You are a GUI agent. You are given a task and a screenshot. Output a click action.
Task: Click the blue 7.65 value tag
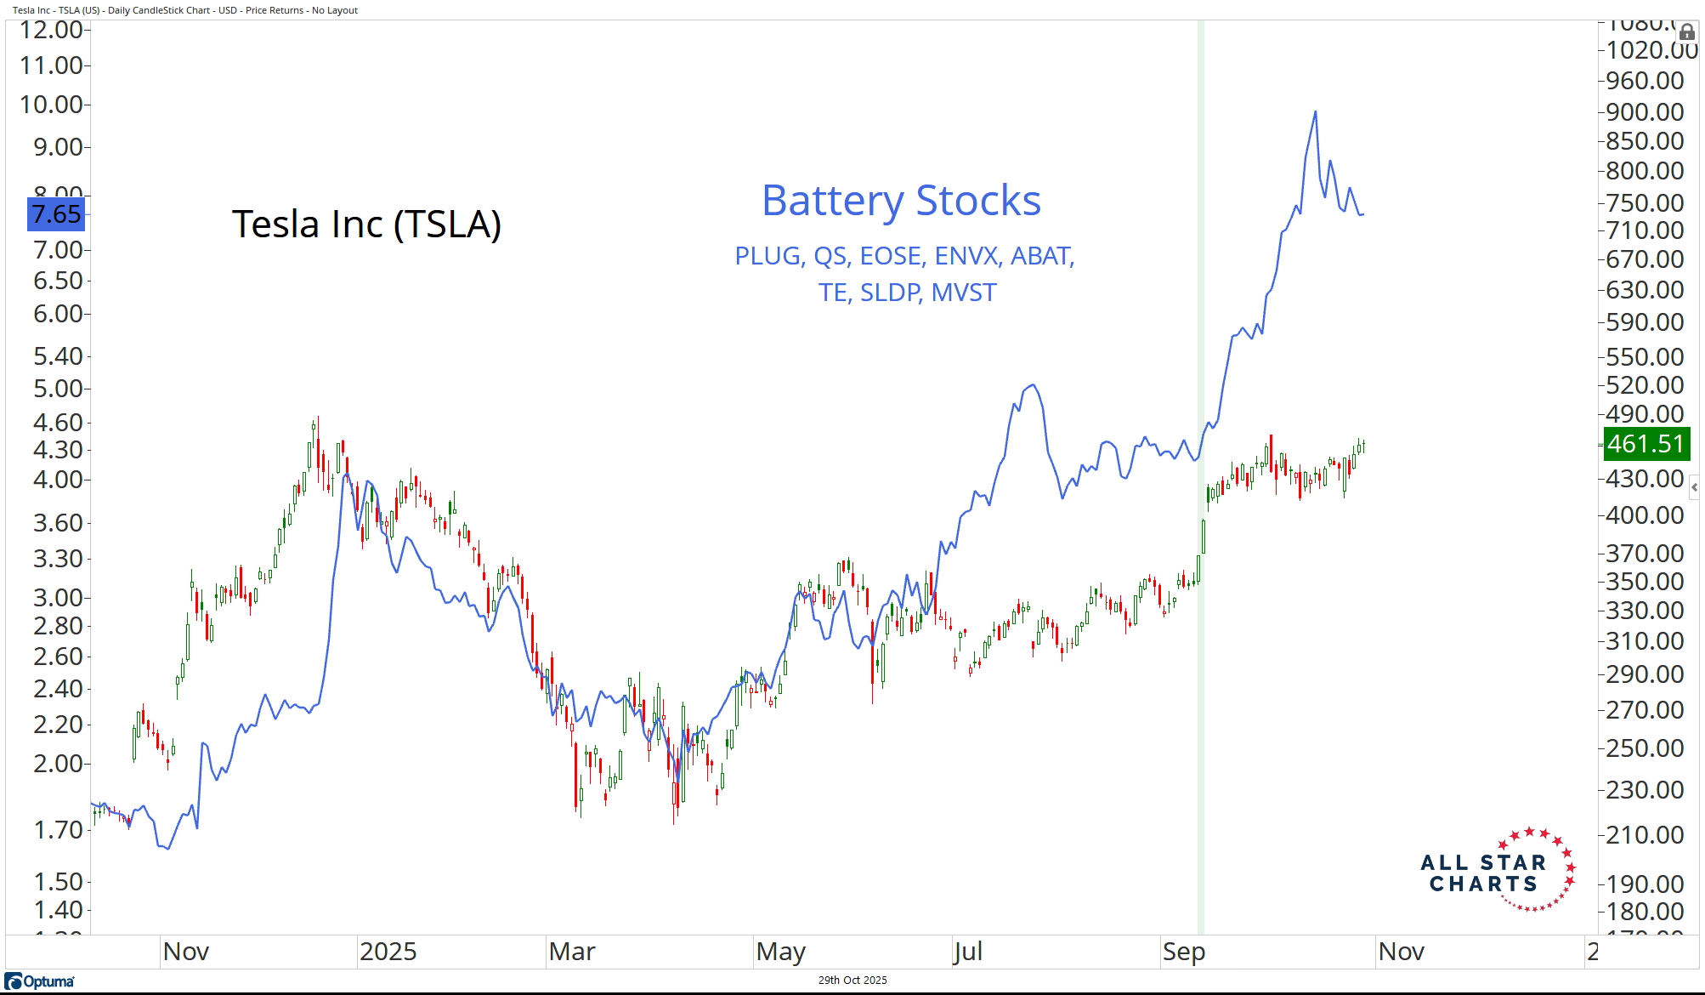coord(56,213)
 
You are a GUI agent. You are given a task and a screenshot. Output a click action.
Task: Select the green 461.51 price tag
coord(1645,444)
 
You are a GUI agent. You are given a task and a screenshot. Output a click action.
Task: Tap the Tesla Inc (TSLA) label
coord(366,225)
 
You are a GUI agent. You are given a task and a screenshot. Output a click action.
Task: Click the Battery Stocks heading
coord(901,202)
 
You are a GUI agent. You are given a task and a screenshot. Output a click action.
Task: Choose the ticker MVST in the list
coord(963,293)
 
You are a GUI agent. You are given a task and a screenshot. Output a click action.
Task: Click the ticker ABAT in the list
coord(1042,256)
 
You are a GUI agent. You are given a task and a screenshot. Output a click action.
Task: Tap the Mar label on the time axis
coord(572,952)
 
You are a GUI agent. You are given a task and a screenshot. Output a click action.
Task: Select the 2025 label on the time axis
coord(388,952)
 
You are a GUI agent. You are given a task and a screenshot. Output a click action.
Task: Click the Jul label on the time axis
coord(968,952)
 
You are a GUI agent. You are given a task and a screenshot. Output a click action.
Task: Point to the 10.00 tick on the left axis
coord(52,105)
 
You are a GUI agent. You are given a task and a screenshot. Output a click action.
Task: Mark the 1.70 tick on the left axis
coord(58,829)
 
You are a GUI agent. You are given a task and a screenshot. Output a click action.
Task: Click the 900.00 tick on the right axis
coord(1645,112)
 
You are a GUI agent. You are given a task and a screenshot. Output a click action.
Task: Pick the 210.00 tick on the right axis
coord(1645,835)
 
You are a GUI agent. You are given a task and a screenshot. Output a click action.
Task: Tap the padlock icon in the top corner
coord(1687,32)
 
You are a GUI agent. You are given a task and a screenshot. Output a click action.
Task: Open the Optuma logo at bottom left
coord(41,981)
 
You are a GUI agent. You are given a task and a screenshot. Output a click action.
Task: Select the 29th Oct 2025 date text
coord(852,981)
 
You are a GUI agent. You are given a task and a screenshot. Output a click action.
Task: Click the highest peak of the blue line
coord(1315,111)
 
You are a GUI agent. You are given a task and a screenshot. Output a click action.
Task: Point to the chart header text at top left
coord(185,10)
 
